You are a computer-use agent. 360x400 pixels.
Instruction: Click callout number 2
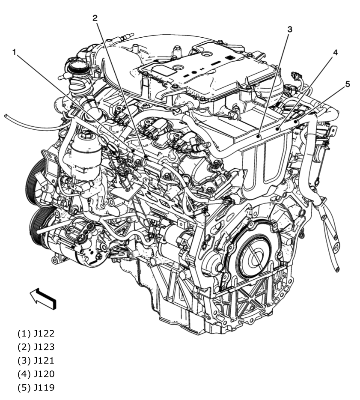[x=95, y=18]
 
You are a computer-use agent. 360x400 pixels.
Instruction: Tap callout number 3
[x=290, y=29]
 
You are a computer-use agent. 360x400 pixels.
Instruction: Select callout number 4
[x=335, y=52]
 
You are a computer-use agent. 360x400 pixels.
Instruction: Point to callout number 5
[x=348, y=84]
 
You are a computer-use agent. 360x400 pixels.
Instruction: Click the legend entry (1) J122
[x=36, y=333]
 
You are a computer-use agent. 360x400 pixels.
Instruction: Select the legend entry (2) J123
[x=36, y=346]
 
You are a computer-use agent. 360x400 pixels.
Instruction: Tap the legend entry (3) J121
[x=36, y=360]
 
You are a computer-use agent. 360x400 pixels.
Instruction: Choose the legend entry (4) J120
[x=36, y=374]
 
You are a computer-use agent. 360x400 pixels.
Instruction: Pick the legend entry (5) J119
[x=36, y=388]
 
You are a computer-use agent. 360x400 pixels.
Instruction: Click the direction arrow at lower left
[x=43, y=298]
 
